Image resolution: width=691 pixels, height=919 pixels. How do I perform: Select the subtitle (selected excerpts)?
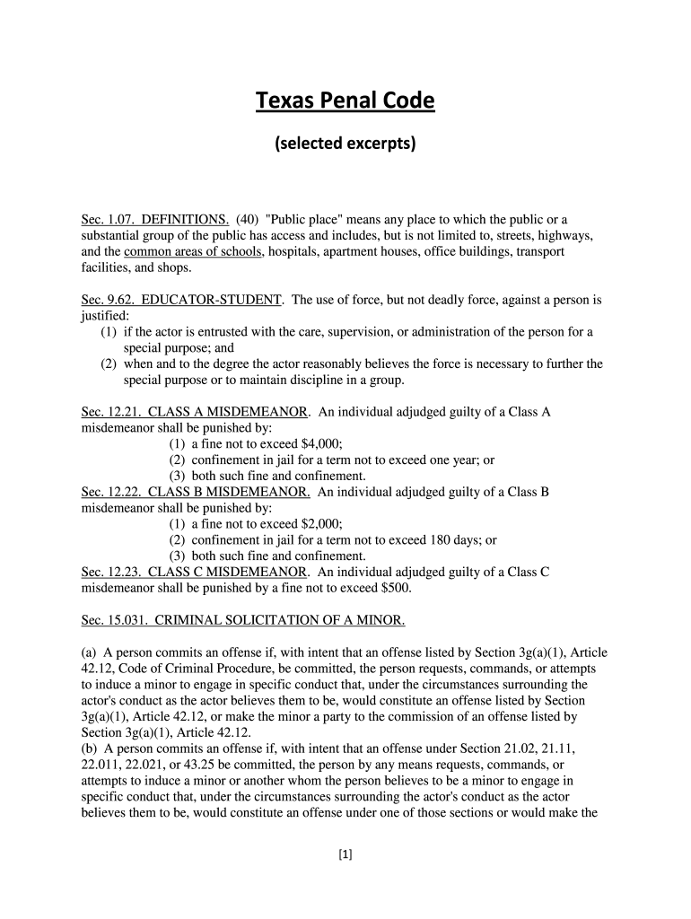(x=345, y=144)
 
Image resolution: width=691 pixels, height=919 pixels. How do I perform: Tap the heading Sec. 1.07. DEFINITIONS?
(x=154, y=219)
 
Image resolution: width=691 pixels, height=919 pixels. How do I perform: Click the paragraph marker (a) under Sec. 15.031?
(x=89, y=652)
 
